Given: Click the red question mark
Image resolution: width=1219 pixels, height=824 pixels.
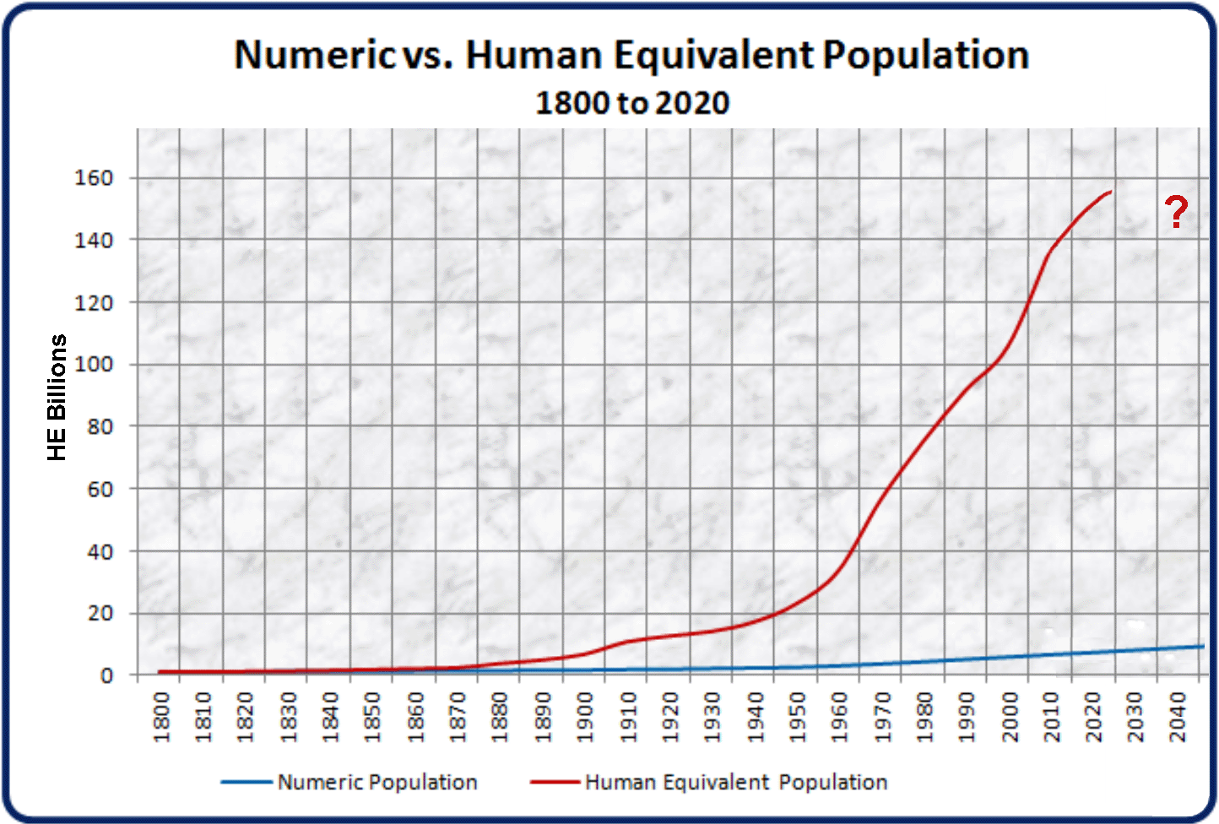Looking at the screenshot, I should point(1176,211).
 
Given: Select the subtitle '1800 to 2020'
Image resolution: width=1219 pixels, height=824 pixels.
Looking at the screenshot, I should point(632,103).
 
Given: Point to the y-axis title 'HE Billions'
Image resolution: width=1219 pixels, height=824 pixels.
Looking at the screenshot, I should point(57,398).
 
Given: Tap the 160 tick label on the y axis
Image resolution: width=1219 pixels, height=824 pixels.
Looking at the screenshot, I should point(94,178).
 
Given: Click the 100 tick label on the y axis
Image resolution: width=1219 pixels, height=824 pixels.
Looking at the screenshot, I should point(94,365).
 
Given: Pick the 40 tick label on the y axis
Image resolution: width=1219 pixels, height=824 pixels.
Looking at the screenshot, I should point(100,552).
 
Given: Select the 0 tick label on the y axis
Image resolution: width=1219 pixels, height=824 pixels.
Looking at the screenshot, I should point(106,676).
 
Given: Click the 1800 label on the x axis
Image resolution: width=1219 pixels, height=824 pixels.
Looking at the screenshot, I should point(161,718).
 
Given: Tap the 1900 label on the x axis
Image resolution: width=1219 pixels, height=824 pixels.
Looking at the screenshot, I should point(586,718).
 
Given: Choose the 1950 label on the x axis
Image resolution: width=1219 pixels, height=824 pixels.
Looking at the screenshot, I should point(798,718).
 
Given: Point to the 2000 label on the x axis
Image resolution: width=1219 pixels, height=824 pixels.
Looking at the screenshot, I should point(1010,718).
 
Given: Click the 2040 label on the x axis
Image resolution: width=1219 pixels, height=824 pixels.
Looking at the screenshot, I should point(1178,718).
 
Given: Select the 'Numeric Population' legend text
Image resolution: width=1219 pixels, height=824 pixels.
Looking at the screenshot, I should point(377,783).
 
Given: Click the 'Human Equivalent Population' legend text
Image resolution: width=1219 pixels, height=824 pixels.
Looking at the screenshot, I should point(736,783).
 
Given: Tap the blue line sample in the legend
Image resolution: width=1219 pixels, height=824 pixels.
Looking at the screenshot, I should point(247,783).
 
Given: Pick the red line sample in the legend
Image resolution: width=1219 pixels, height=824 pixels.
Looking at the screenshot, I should point(555,783).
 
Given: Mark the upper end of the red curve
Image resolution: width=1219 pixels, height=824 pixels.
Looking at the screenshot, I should point(1111,192).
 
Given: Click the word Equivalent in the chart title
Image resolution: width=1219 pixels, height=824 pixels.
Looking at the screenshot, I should point(713,56).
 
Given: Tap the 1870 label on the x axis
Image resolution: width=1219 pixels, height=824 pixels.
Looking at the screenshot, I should point(458,718).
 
